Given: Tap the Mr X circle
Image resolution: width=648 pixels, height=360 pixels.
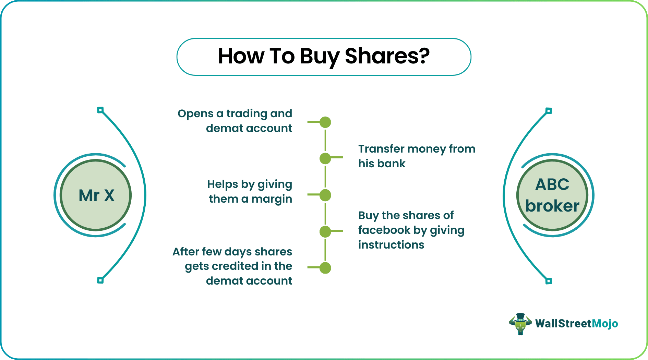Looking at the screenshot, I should (96, 195).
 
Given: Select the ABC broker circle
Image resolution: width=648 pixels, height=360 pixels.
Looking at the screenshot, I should (552, 195).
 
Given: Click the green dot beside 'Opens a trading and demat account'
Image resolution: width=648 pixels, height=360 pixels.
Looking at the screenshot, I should (325, 122).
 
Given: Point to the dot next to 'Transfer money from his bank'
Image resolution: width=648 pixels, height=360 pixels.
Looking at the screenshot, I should (325, 158).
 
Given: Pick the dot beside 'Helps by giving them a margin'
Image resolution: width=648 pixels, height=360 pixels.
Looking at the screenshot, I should (325, 195).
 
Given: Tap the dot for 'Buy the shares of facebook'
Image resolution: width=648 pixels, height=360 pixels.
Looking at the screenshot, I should (325, 231).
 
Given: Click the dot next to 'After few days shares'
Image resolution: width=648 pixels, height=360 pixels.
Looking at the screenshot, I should (325, 268).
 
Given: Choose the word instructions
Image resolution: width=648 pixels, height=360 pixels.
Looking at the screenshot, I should (391, 245).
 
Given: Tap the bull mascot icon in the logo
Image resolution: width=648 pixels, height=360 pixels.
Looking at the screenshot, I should (520, 324).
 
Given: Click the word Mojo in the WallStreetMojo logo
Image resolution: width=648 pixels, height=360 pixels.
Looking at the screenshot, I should (605, 324).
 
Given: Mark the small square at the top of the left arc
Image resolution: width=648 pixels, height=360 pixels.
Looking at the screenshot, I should (100, 110).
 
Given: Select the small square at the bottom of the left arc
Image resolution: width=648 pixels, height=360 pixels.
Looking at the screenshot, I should (100, 280).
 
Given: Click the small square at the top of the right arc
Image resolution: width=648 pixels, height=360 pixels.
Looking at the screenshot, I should (549, 111).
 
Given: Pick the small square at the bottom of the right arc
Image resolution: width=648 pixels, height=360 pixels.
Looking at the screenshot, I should (549, 281).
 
